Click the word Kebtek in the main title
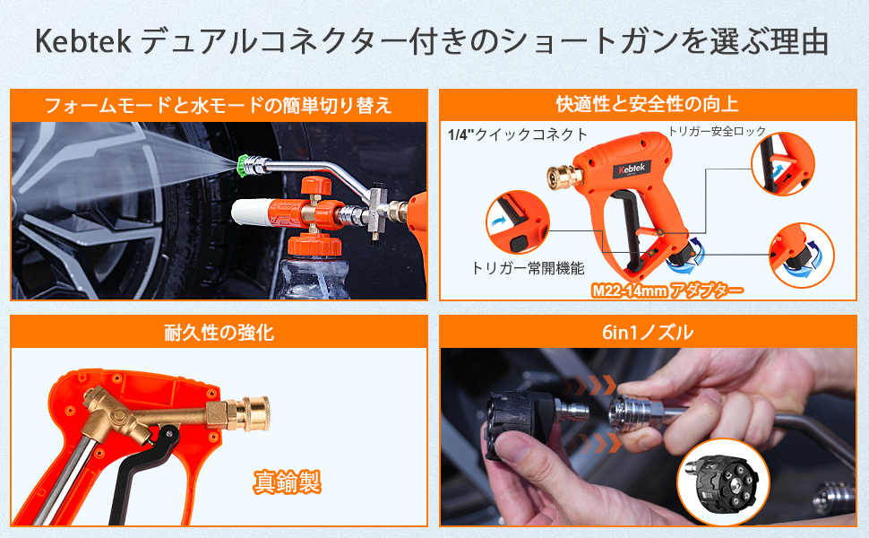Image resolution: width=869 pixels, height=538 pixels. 84,41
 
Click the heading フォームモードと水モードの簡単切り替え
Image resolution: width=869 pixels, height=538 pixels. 219,105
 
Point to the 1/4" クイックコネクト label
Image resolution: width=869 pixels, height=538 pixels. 518,135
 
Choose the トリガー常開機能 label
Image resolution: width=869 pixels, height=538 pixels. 514,267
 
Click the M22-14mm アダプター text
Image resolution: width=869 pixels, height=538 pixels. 667,291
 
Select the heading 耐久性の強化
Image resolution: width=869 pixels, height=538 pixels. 219,333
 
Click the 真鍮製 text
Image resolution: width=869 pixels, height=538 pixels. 286,483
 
